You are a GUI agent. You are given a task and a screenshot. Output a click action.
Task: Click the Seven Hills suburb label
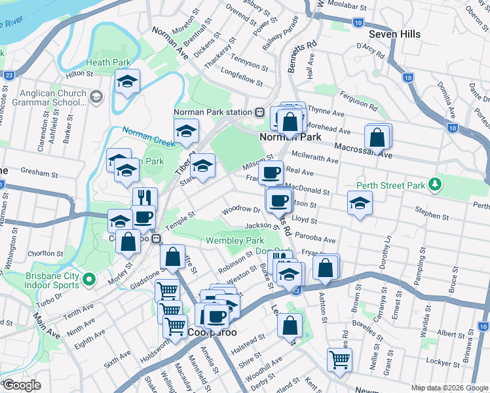click(394, 33)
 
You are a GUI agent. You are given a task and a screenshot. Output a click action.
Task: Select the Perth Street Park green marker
click(434, 183)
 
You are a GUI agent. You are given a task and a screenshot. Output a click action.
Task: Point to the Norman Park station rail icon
click(260, 112)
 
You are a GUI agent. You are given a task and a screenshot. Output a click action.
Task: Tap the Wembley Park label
click(235, 240)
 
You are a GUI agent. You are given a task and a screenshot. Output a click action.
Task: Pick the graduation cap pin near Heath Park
click(127, 82)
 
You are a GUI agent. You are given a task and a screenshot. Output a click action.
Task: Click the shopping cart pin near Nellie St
click(339, 359)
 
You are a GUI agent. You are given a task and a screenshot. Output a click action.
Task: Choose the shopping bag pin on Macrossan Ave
click(377, 138)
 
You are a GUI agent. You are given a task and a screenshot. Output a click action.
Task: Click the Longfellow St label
click(242, 79)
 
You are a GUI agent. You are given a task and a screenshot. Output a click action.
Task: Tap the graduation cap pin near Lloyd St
click(360, 204)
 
